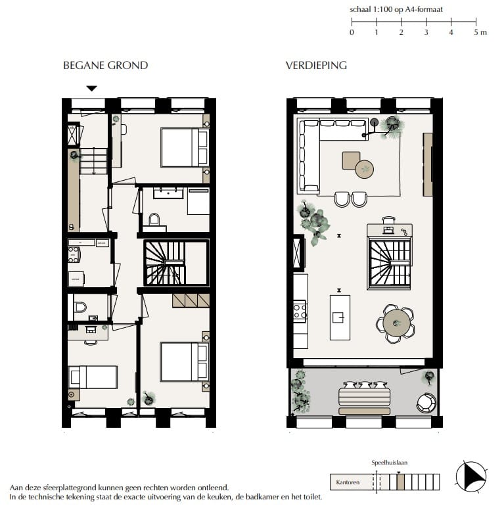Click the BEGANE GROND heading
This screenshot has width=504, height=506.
(105, 65)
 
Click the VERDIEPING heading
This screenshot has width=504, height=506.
(316, 65)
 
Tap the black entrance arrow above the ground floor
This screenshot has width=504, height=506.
(92, 89)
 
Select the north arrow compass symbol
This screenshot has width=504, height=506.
(471, 476)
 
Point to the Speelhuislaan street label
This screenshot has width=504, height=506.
(390, 463)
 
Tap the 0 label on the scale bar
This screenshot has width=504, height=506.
(352, 32)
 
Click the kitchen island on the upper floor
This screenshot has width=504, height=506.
(340, 317)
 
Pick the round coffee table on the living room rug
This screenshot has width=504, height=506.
(365, 170)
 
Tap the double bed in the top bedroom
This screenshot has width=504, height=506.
(183, 147)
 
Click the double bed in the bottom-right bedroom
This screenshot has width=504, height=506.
(183, 361)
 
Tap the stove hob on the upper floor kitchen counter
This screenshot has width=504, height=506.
(300, 310)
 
